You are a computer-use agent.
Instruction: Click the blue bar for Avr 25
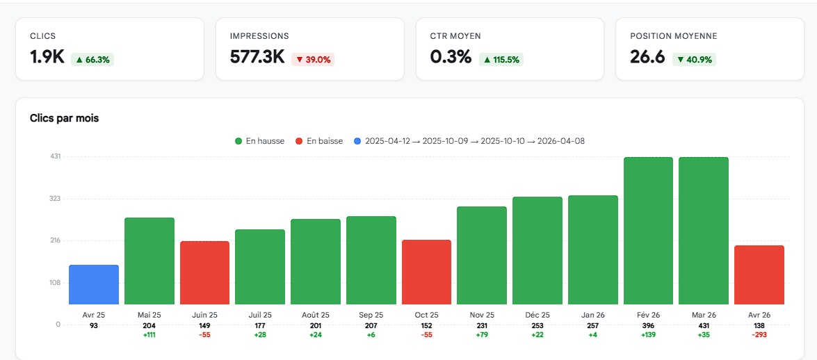(94, 285)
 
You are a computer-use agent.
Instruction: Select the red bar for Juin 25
(204, 272)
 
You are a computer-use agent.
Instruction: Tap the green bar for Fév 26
(648, 231)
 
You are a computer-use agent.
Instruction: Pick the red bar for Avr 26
(759, 275)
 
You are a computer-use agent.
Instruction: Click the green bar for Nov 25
(482, 255)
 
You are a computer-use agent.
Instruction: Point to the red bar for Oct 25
(426, 272)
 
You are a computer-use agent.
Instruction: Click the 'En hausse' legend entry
(259, 141)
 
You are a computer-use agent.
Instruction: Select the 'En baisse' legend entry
(319, 141)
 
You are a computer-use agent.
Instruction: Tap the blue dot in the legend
(357, 141)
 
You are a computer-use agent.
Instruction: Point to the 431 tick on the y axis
(55, 156)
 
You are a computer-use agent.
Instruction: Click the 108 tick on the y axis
(55, 283)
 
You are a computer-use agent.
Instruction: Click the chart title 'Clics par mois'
(64, 118)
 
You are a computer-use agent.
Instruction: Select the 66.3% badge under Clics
(92, 60)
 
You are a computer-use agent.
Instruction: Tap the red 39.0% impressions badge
(313, 60)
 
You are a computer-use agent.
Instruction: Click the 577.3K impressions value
(257, 57)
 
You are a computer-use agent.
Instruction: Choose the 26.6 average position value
(647, 57)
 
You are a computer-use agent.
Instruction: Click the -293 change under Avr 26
(759, 335)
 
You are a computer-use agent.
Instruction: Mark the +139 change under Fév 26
(648, 335)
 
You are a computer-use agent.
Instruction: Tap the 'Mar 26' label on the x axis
(703, 315)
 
